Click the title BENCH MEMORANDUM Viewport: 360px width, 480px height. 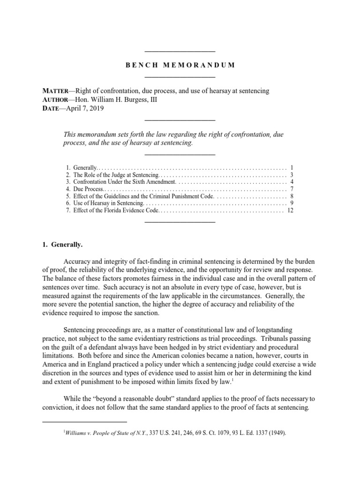tap(180, 65)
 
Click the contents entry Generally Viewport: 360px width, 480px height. tap(84, 167)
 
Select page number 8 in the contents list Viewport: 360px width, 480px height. tap(291, 196)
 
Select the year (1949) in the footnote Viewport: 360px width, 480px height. tap(276, 434)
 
